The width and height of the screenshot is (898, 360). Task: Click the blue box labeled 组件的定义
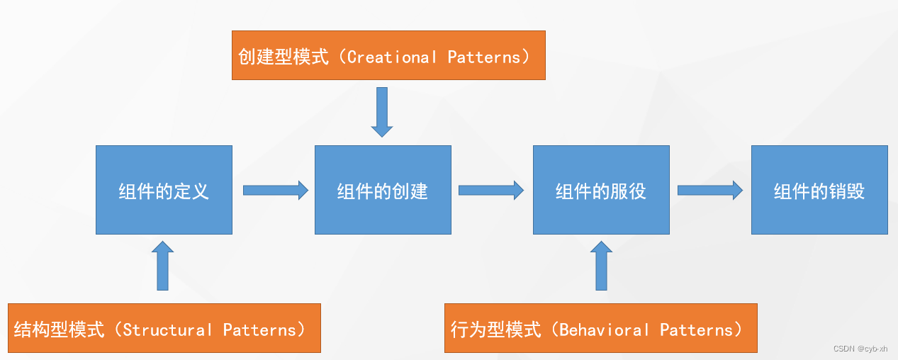point(164,190)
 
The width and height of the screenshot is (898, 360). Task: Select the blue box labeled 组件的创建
point(383,190)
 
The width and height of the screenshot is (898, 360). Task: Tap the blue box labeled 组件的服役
point(601,190)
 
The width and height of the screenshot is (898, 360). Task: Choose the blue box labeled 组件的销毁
point(819,190)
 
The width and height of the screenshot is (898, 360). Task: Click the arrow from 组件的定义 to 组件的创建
point(275,190)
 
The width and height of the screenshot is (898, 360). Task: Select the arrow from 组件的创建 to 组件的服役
point(490,190)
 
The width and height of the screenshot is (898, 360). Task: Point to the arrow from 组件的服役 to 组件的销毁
point(709,190)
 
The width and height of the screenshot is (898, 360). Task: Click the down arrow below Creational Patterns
point(382,111)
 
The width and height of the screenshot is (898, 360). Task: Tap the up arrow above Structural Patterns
point(163,266)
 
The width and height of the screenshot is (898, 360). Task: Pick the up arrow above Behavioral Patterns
point(601,266)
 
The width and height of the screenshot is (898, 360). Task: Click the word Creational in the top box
point(392,57)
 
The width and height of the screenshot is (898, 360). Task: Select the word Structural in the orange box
point(167,330)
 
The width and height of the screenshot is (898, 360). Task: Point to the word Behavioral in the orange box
point(604,330)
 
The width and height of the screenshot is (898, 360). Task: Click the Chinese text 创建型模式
point(284,57)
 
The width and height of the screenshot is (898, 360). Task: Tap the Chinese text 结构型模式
point(59,330)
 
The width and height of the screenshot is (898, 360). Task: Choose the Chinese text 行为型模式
point(496,330)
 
